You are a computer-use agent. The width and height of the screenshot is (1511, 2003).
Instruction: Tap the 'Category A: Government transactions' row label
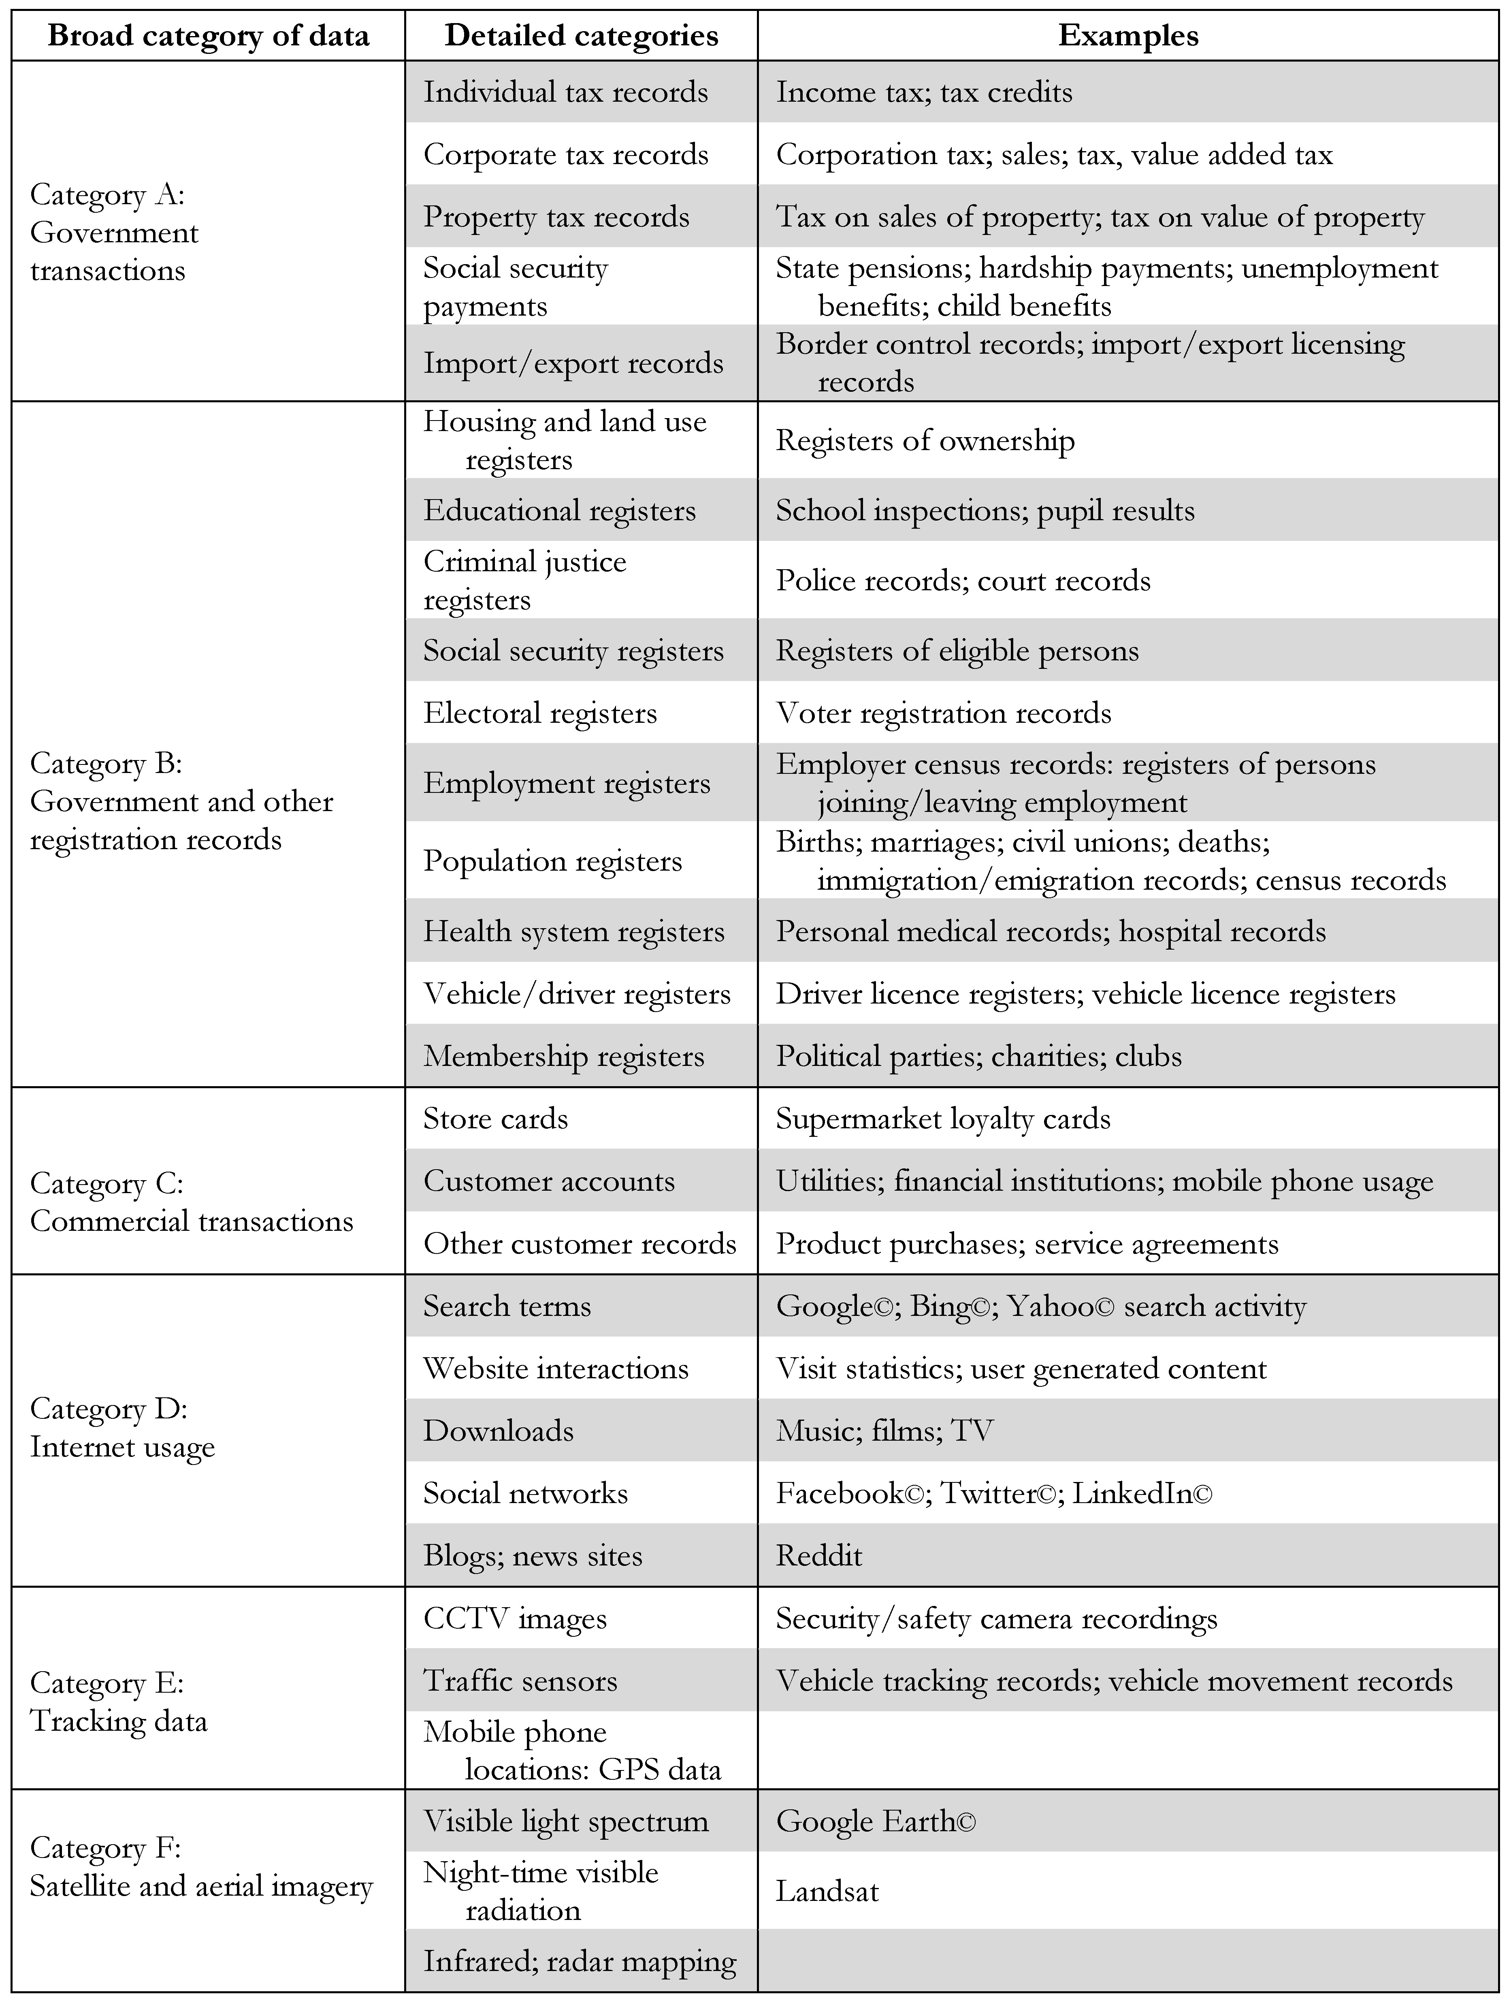[114, 232]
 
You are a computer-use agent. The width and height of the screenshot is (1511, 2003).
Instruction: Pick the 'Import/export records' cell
[573, 363]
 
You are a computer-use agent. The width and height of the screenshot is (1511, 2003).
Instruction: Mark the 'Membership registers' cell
[563, 1056]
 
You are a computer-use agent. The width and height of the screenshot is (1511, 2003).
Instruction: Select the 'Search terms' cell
[507, 1306]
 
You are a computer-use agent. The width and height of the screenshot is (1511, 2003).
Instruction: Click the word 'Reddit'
[818, 1556]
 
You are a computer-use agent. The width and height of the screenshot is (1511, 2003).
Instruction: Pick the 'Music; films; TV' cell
[884, 1431]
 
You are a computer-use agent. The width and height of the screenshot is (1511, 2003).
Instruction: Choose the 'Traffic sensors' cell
[520, 1681]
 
